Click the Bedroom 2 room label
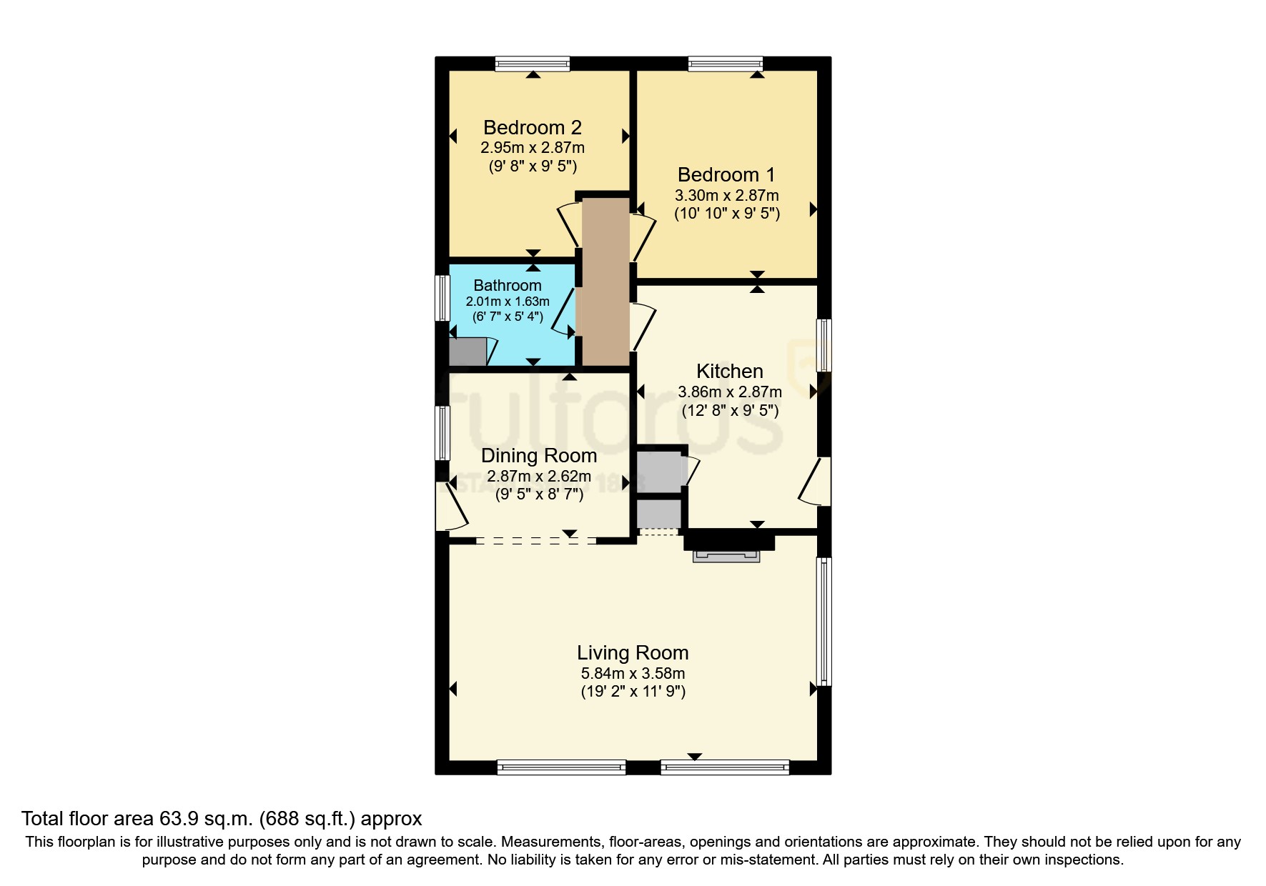pos(533,128)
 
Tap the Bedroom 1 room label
pos(726,175)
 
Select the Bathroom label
pos(508,286)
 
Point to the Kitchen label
pos(729,372)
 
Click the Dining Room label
pos(539,456)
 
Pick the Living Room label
pos(633,653)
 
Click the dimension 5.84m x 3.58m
pos(633,673)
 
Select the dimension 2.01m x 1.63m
pos(508,302)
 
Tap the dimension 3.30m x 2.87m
pos(726,195)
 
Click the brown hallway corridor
pos(605,282)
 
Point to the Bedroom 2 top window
pos(533,64)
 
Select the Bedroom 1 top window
pos(725,64)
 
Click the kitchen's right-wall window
pos(824,345)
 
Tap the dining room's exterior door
pos(446,505)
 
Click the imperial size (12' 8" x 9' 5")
pos(729,411)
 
